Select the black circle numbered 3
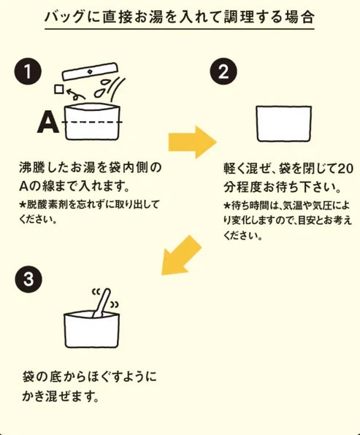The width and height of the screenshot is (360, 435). [x=27, y=279]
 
